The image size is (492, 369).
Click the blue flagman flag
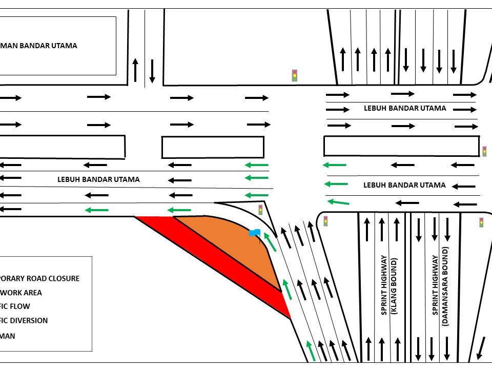pos(255,233)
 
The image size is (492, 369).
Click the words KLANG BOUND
pos(395,286)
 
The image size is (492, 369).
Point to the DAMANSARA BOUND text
pos(445,286)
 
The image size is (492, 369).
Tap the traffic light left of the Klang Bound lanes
pos(325,221)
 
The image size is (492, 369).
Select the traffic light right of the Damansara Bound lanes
pos(481,222)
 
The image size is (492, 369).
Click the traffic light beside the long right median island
pos(484,151)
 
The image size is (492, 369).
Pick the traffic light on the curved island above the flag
pos(260,209)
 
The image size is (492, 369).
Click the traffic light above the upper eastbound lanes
pos(295,75)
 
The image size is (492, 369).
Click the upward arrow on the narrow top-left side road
pos(135,70)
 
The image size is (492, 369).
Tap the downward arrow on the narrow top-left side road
pos(152,71)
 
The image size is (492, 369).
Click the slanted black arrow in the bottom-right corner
pos(481,348)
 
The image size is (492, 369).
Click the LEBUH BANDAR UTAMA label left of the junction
pos(98,179)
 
